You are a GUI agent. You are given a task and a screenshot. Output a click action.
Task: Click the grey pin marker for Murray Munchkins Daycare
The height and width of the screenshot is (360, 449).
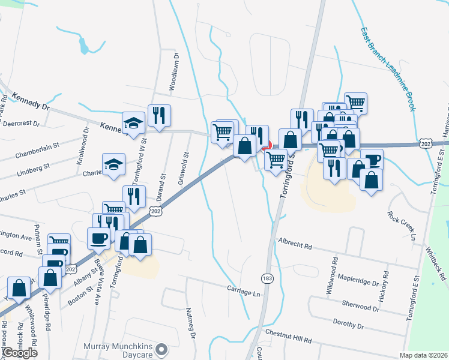[x=161, y=349]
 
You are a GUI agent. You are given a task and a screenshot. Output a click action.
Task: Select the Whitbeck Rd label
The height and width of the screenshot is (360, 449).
[x=436, y=264]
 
